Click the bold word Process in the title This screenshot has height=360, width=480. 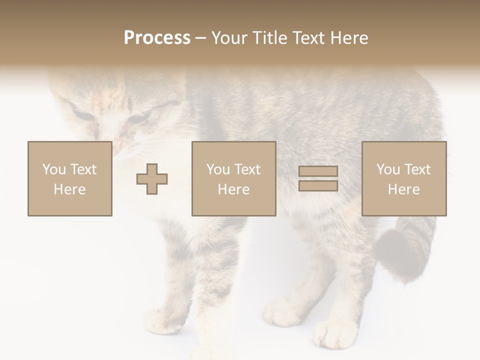tap(157, 38)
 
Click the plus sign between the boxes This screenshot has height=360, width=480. tap(152, 179)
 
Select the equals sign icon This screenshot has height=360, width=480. tap(318, 178)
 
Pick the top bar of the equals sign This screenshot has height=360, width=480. tap(318, 171)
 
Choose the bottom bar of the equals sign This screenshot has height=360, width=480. tap(318, 185)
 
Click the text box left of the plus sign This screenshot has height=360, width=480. tap(69, 178)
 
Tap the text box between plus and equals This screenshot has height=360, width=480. tap(233, 178)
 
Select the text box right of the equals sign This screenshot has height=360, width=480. tap(403, 178)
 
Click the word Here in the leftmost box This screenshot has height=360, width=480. tap(69, 189)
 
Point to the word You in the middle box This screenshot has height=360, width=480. tap(218, 169)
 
